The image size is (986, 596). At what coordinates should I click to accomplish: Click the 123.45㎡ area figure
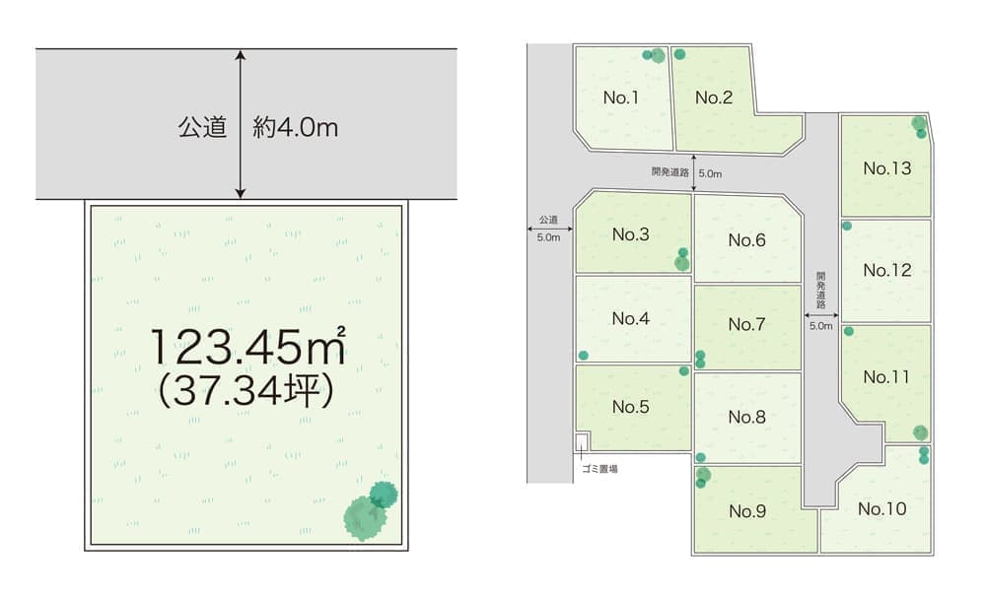tap(247, 346)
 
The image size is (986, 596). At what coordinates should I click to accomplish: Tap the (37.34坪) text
tap(246, 392)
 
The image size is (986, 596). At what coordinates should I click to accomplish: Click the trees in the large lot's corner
tap(370, 509)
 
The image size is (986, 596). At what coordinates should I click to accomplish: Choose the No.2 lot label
tap(713, 98)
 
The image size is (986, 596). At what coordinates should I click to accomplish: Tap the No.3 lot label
tap(630, 234)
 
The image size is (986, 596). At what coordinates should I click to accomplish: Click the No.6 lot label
tap(746, 240)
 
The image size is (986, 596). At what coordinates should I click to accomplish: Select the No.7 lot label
tap(746, 325)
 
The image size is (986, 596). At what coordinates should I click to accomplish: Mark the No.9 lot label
tap(746, 511)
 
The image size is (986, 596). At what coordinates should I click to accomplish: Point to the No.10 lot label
tap(880, 509)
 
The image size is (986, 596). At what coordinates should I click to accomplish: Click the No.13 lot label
tap(886, 168)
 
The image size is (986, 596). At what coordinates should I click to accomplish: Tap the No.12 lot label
tap(886, 271)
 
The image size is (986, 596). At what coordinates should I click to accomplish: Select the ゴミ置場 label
tap(599, 470)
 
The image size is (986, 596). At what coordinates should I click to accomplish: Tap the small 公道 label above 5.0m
tap(548, 219)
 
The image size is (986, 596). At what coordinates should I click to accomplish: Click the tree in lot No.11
tap(920, 432)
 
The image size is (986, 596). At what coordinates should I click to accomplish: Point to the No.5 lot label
tap(630, 407)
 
